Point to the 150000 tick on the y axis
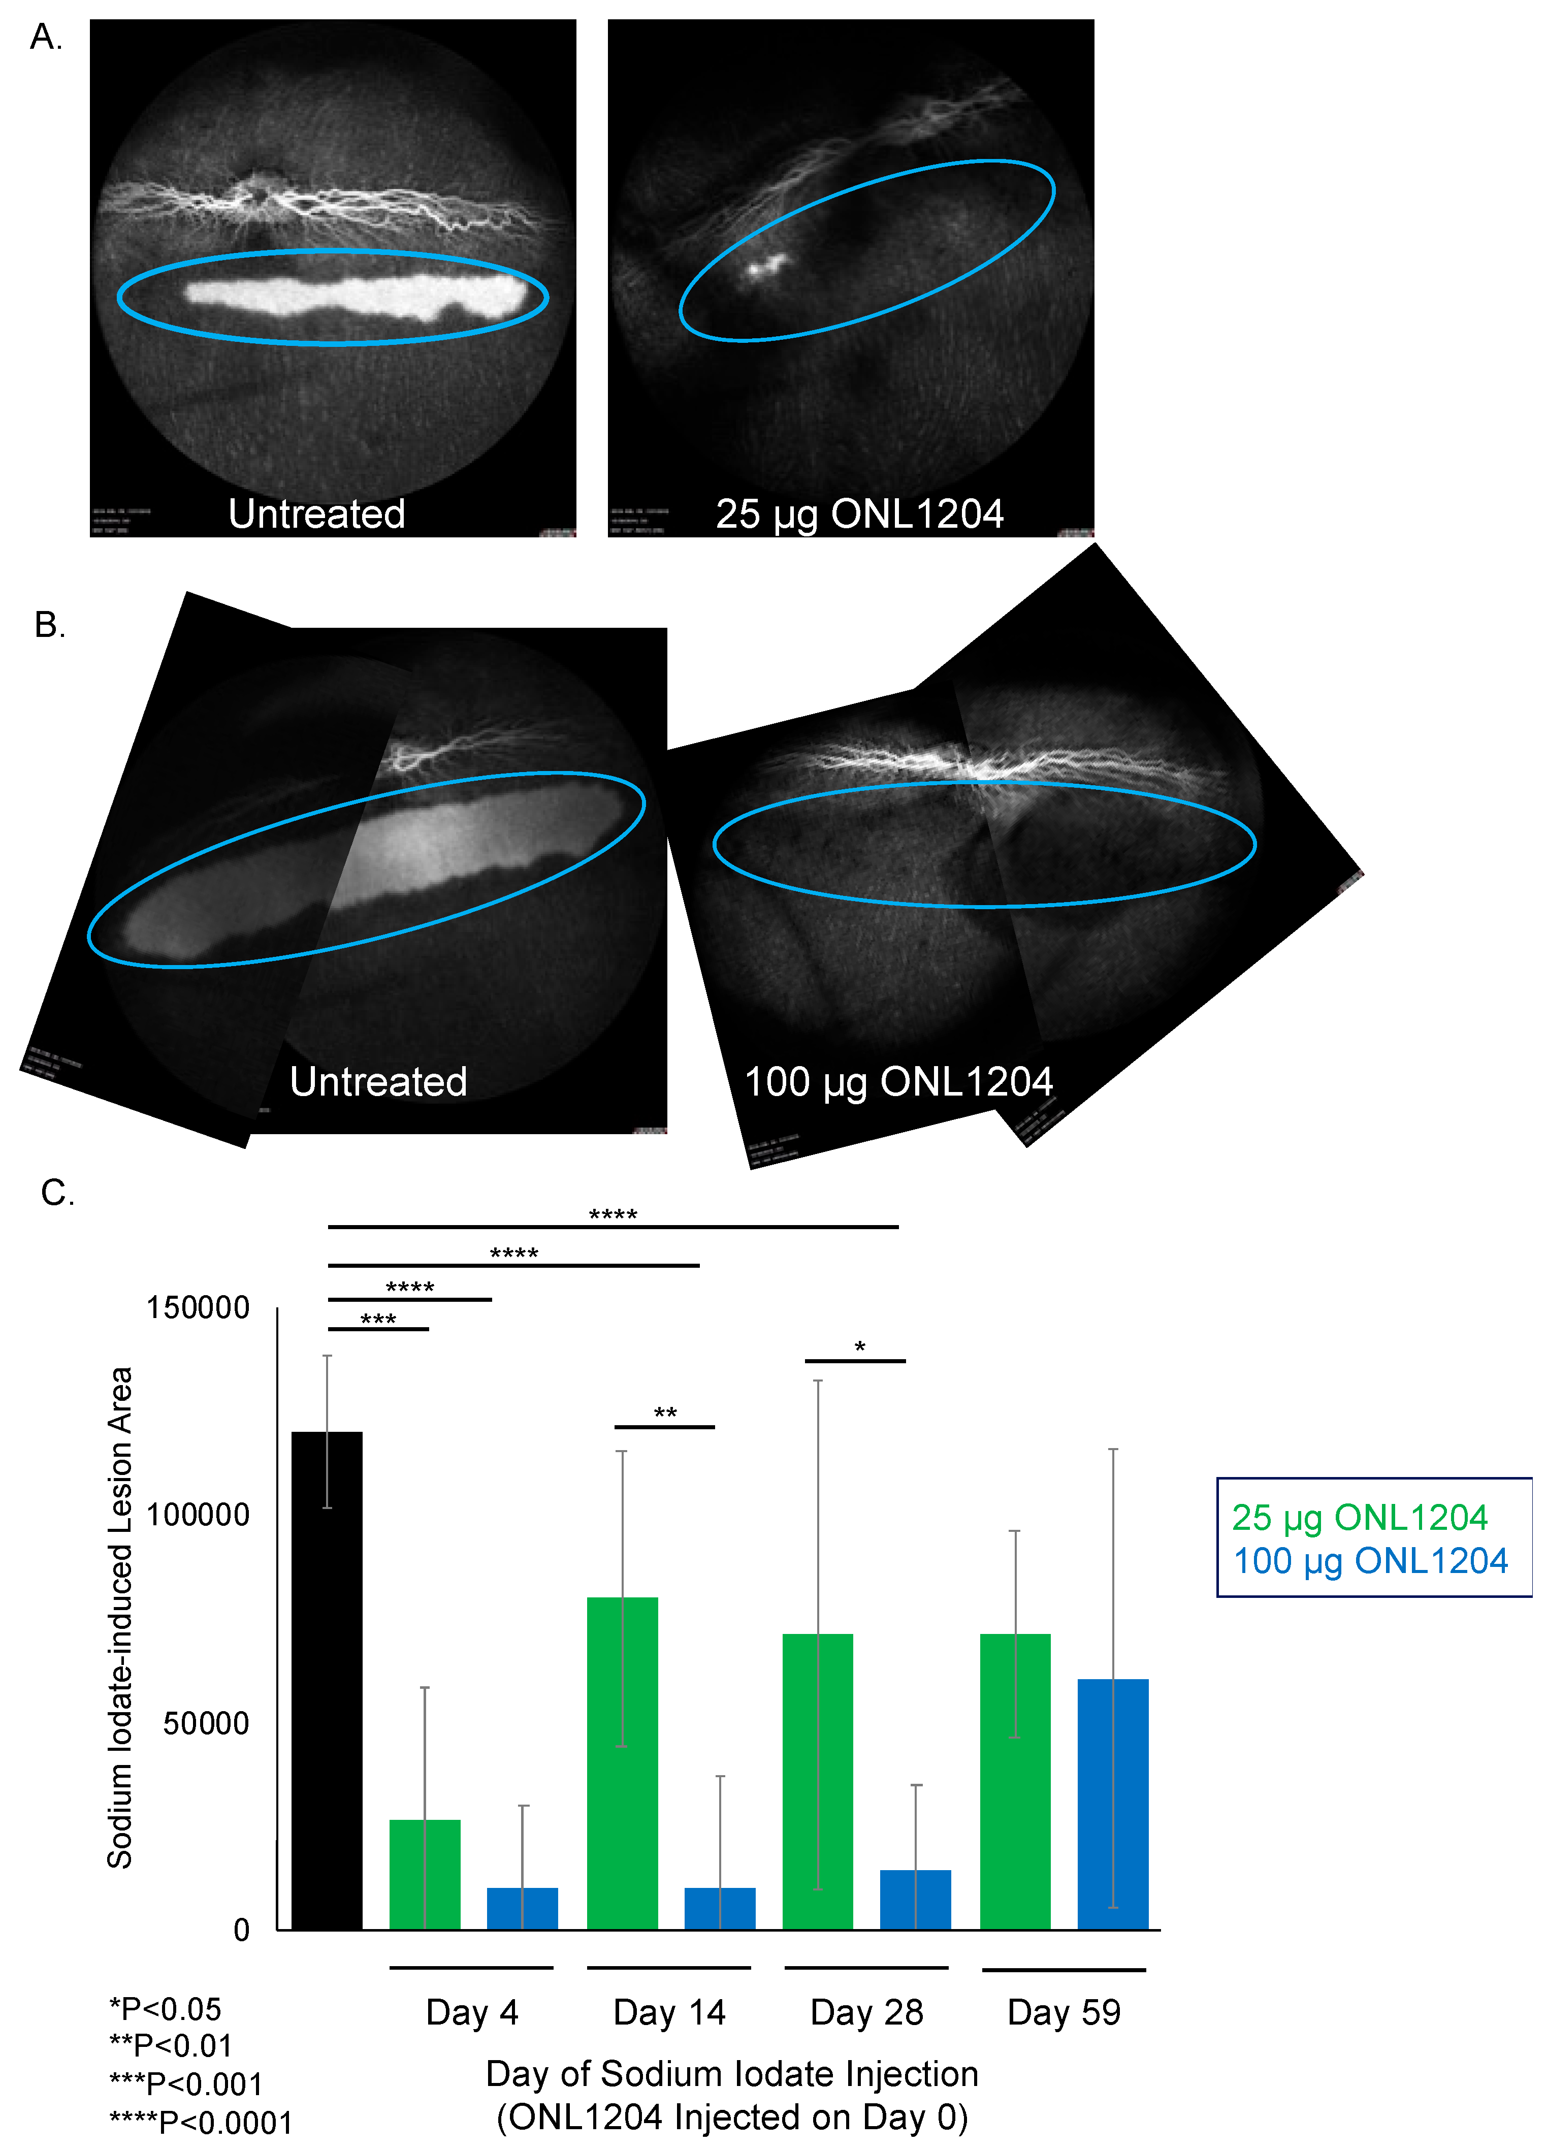point(197,1308)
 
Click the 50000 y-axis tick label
point(206,1723)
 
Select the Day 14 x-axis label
point(669,2012)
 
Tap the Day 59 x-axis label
point(1064,2012)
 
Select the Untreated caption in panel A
point(316,514)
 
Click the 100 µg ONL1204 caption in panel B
point(897,1082)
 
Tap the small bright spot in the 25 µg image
point(766,266)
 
